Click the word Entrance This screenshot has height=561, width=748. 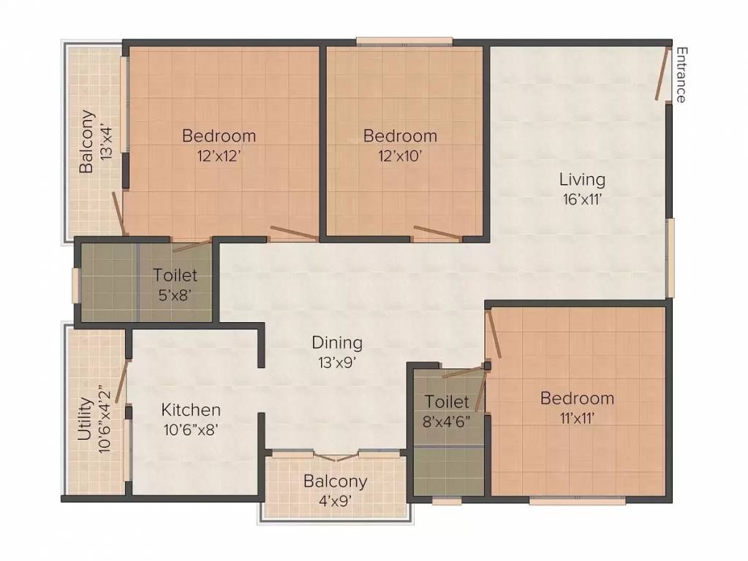680,75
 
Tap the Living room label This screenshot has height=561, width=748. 582,179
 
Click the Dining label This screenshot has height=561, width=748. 337,342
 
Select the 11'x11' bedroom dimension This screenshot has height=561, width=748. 577,418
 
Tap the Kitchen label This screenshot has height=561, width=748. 191,410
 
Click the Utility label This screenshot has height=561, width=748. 85,419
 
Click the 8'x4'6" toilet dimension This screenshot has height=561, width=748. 447,421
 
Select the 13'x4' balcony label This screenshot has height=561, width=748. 108,141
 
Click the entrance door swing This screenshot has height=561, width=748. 663,74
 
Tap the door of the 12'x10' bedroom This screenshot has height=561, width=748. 437,233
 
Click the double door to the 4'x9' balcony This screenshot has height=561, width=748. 336,457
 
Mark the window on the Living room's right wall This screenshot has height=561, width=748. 670,257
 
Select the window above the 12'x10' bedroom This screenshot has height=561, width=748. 404,42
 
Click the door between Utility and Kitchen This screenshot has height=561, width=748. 121,382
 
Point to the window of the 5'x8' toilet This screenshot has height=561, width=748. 75,285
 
